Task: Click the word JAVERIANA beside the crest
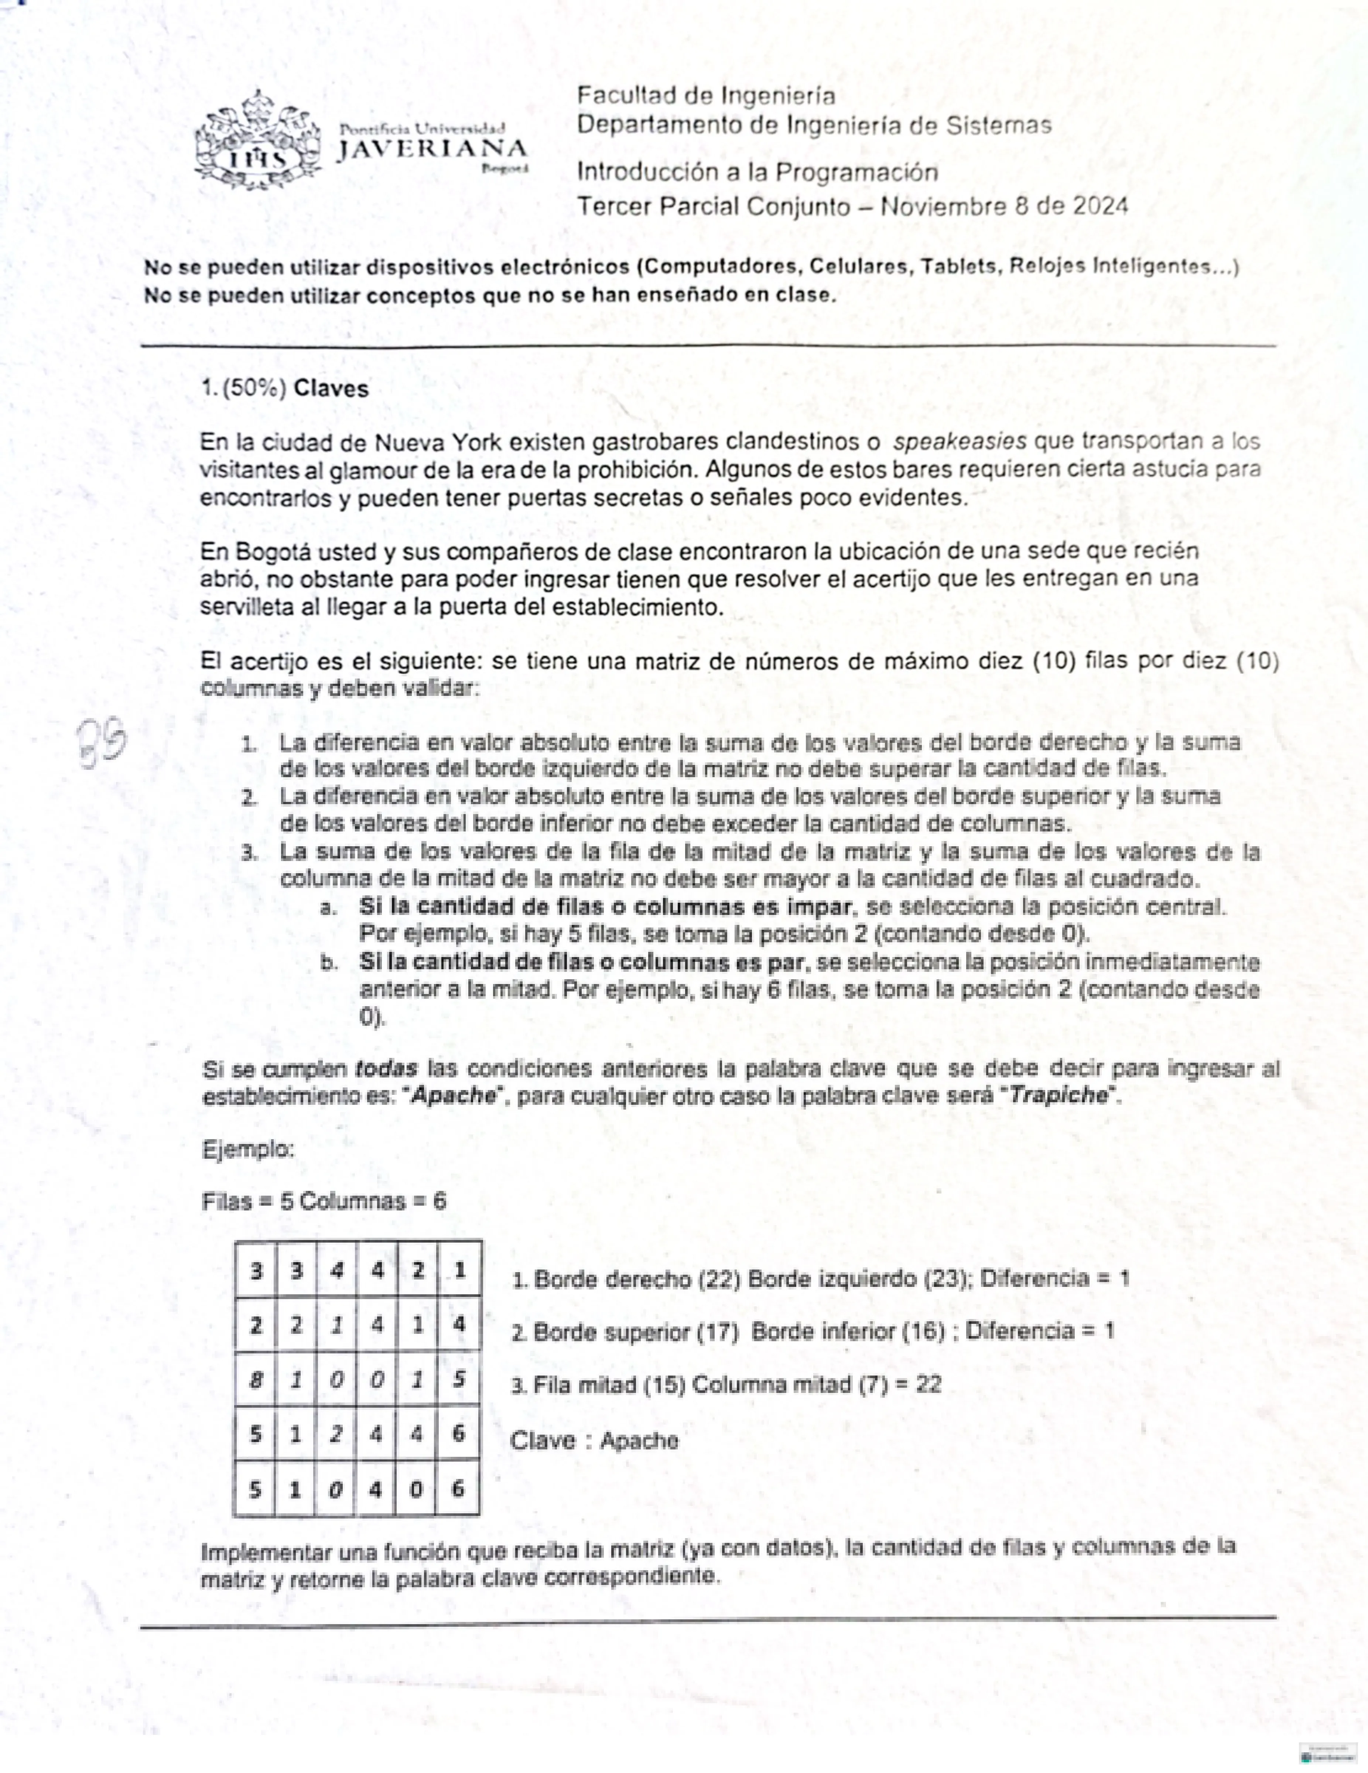[x=432, y=149]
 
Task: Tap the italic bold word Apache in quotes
[x=454, y=1095]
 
